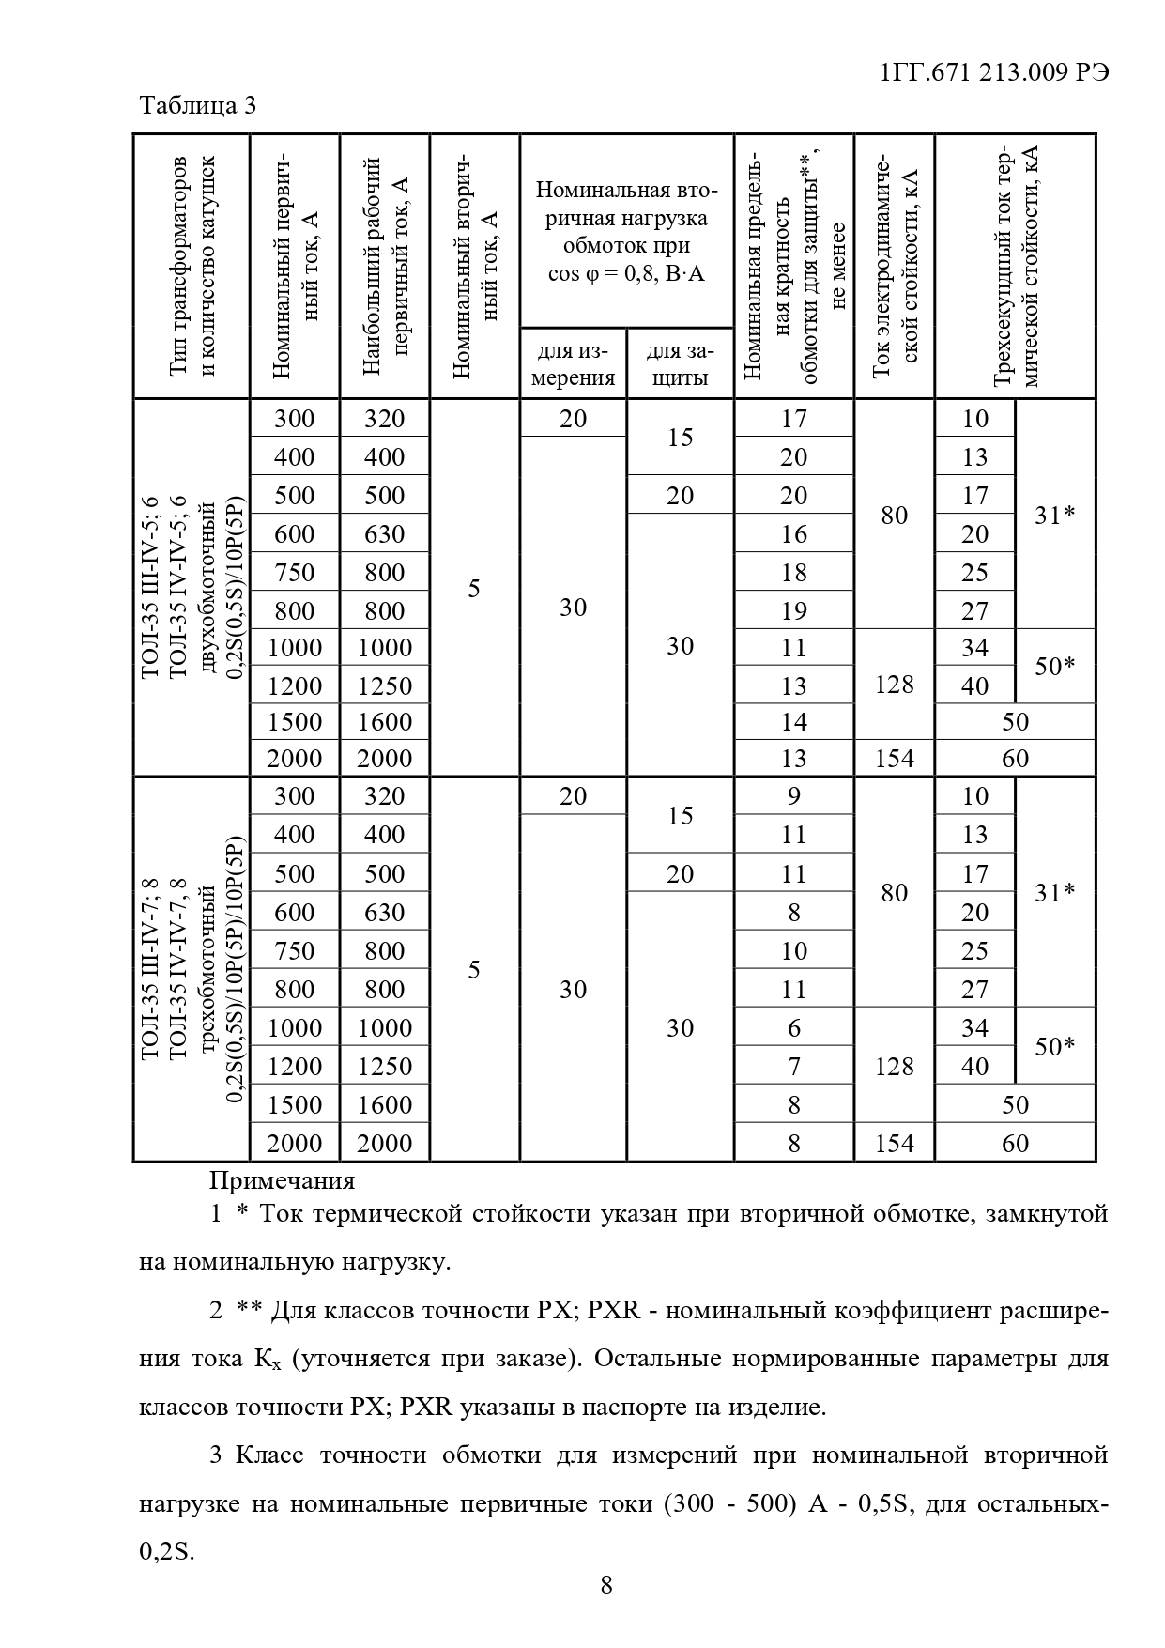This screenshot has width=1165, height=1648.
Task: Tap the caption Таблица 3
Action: coord(197,105)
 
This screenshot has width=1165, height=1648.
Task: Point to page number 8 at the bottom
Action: coord(606,1584)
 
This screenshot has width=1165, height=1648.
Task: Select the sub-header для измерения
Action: coord(573,364)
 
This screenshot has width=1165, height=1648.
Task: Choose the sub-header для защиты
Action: coord(680,364)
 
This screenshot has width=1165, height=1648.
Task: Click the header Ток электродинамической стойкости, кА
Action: coord(895,267)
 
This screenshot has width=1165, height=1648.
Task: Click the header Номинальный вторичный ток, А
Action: coord(474,267)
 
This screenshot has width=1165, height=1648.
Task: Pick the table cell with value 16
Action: coord(794,534)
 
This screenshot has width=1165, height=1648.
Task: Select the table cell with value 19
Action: coord(794,611)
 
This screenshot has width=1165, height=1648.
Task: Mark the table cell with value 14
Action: coord(794,722)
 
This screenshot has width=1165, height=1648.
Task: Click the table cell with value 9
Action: coord(794,796)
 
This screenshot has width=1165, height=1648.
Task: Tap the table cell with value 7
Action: coord(794,1067)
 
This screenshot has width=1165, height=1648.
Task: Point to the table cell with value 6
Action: coord(794,1028)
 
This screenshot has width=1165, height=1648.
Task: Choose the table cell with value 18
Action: coord(794,573)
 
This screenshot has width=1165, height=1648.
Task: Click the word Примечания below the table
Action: coord(282,1180)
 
